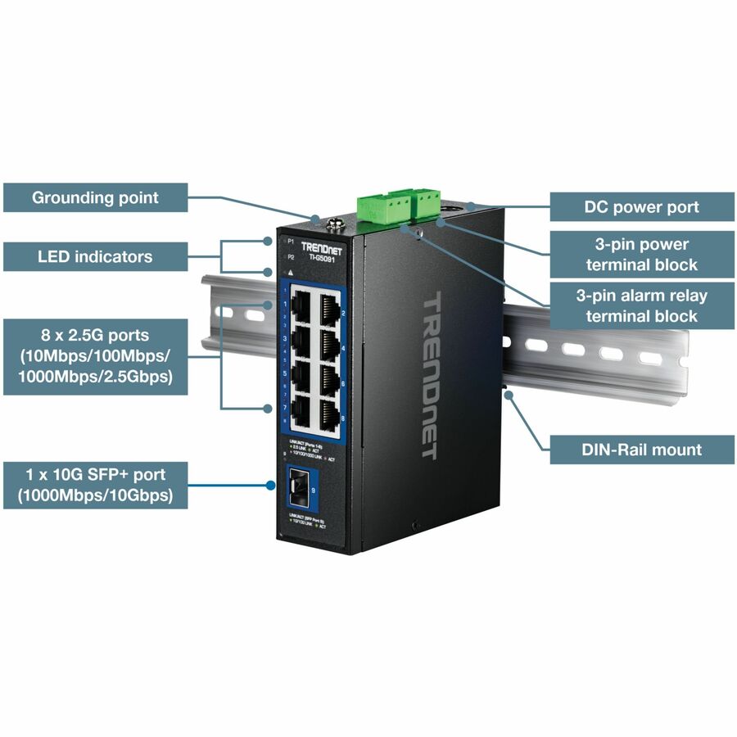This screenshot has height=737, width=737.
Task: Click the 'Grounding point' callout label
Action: click(95, 197)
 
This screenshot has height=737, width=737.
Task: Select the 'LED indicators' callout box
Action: click(95, 256)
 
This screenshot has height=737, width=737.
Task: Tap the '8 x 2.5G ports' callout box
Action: click(95, 356)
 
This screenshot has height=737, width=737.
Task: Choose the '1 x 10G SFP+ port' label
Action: click(95, 485)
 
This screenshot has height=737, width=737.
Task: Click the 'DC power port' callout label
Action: click(641, 207)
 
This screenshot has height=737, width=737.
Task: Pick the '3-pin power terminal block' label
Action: click(641, 254)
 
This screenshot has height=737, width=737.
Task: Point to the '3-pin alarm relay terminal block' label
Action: click(641, 305)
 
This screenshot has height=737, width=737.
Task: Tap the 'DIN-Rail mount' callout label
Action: click(641, 449)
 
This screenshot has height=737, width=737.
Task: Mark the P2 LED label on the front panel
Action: click(291, 257)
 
